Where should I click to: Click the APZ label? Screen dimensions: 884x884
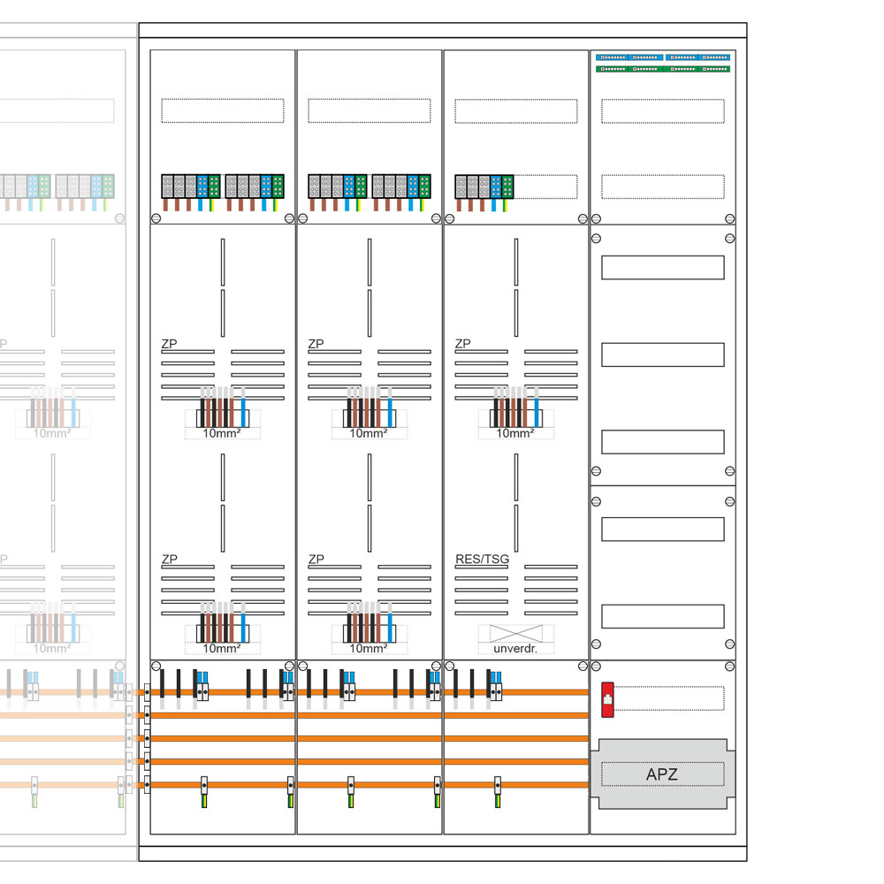[662, 775]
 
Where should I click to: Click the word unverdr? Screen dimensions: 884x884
[515, 649]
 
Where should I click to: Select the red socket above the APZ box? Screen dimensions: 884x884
[607, 697]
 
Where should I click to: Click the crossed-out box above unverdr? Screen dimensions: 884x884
[515, 633]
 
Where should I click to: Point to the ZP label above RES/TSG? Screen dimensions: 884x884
[462, 344]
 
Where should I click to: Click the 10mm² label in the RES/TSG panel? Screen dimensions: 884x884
[515, 433]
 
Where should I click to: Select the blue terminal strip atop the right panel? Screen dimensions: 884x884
[663, 57]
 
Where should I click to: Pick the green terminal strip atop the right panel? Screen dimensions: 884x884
[663, 68]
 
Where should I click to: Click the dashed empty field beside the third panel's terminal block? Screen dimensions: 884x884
[545, 187]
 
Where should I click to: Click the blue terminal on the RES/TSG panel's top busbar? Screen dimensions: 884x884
[496, 685]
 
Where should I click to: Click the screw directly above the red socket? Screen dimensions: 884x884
[596, 666]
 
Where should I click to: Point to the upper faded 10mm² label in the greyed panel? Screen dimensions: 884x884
[52, 433]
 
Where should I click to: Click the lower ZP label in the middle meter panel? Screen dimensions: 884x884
[316, 560]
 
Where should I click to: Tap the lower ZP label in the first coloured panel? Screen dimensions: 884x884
[169, 560]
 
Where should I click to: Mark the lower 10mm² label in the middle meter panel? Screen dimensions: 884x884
[369, 649]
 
